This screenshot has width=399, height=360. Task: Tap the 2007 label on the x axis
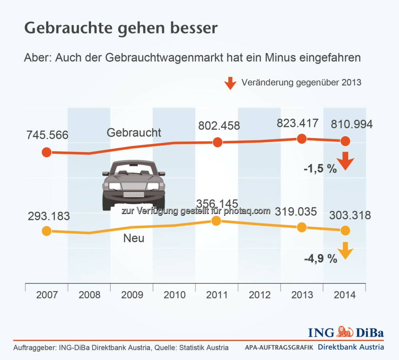(47, 294)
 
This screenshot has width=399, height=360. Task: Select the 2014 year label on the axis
(344, 294)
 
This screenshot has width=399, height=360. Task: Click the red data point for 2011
(217, 142)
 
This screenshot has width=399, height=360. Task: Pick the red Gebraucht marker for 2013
(301, 138)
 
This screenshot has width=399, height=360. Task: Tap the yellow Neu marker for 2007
(46, 231)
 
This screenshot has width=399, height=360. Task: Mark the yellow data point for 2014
(345, 231)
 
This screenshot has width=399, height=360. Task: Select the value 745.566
(48, 135)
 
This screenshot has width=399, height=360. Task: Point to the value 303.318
(350, 215)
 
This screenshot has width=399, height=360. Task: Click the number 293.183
(49, 216)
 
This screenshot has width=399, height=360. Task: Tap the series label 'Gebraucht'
(134, 133)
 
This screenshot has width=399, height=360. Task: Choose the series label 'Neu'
(134, 238)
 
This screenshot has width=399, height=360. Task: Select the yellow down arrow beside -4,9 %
(345, 250)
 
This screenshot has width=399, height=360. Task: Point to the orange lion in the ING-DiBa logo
(344, 332)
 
